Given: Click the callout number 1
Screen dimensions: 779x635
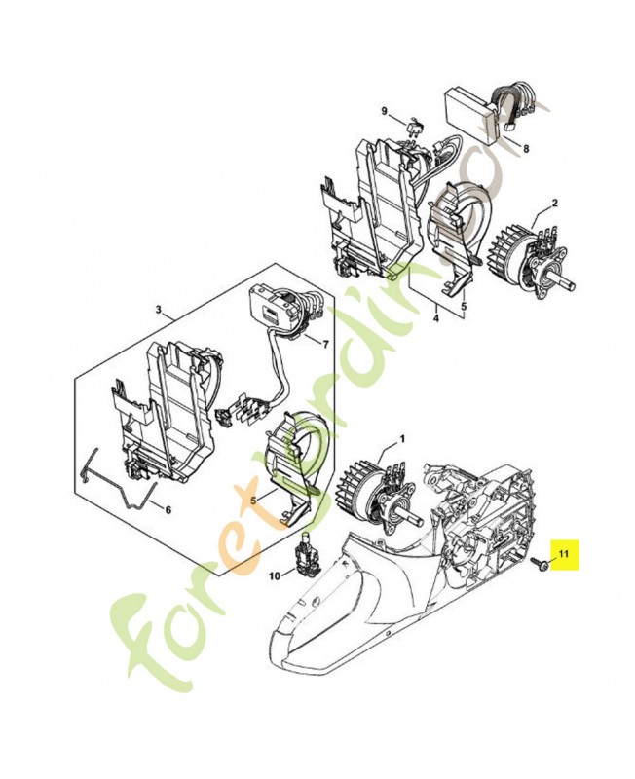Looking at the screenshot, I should click(x=401, y=438).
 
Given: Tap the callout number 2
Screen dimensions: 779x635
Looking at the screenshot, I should click(x=554, y=203).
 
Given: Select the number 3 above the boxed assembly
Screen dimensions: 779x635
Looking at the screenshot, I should click(x=158, y=310).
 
